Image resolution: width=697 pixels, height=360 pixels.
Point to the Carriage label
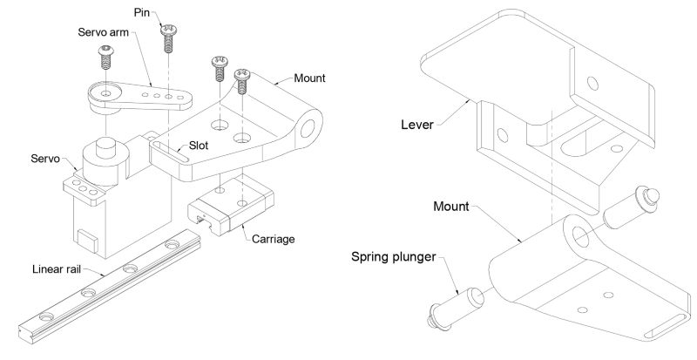click(274, 239)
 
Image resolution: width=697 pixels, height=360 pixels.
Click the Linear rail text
click(56, 268)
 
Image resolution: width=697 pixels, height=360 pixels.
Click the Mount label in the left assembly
click(309, 78)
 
